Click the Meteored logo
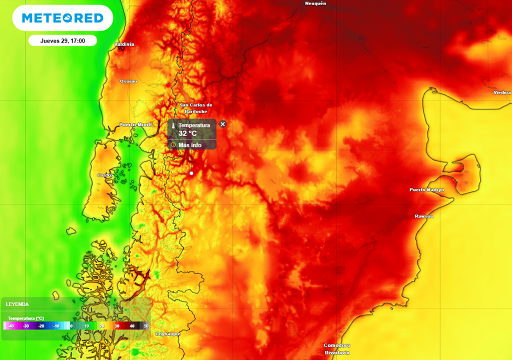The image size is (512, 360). pos(62,18)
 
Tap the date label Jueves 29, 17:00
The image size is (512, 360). pos(62,40)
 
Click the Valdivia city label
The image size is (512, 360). pos(124,44)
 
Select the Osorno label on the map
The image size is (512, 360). pos(128,81)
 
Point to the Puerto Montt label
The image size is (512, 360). pos(135,124)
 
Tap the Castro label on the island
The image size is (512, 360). pos(105,175)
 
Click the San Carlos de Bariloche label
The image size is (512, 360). pos(196,108)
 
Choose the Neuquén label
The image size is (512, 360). pos(315,3)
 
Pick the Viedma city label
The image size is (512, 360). pos(502,92)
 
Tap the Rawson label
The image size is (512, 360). pos(424,216)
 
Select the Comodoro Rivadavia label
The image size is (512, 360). pos(336,349)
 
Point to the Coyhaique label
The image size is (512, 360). pos(167,333)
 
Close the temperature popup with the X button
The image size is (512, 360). pos(223,124)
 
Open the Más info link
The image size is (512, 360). pos(189,145)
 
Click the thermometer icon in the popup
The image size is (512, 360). pos(173,127)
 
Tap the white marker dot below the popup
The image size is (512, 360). pos(191,173)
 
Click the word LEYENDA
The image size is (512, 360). pos(17,304)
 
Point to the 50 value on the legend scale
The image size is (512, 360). pos(146,325)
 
